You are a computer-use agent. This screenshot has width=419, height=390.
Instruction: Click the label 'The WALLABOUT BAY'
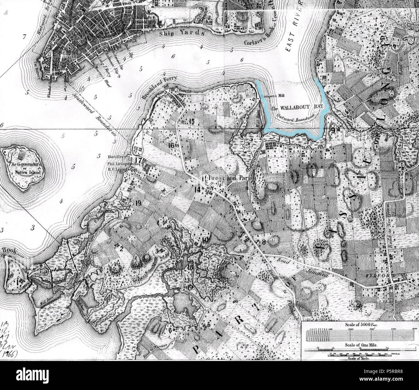[x=293, y=108]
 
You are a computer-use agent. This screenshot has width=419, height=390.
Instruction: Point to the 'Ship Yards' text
[x=182, y=34]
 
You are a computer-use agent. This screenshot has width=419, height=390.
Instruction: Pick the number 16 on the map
[x=171, y=146]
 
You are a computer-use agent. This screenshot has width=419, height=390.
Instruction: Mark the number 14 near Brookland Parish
[x=197, y=189]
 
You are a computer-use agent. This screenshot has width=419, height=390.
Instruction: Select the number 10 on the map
[x=205, y=240]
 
